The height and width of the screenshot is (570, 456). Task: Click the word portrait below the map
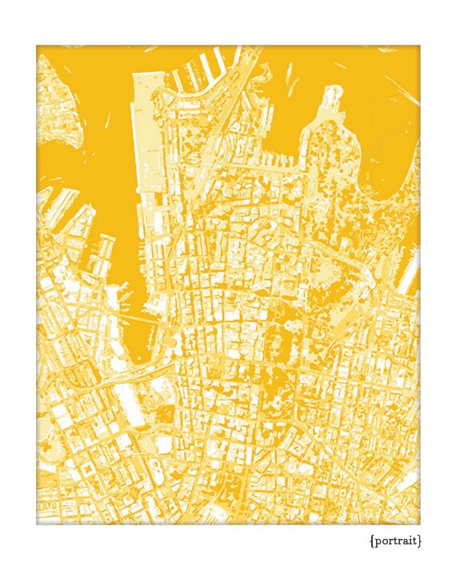[x=396, y=541]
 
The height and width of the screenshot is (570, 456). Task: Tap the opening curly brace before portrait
[x=372, y=541]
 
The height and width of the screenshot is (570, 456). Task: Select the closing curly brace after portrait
[x=419, y=541]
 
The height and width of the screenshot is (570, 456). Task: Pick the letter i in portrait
[x=409, y=540]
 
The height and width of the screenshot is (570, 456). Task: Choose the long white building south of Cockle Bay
[x=132, y=408]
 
